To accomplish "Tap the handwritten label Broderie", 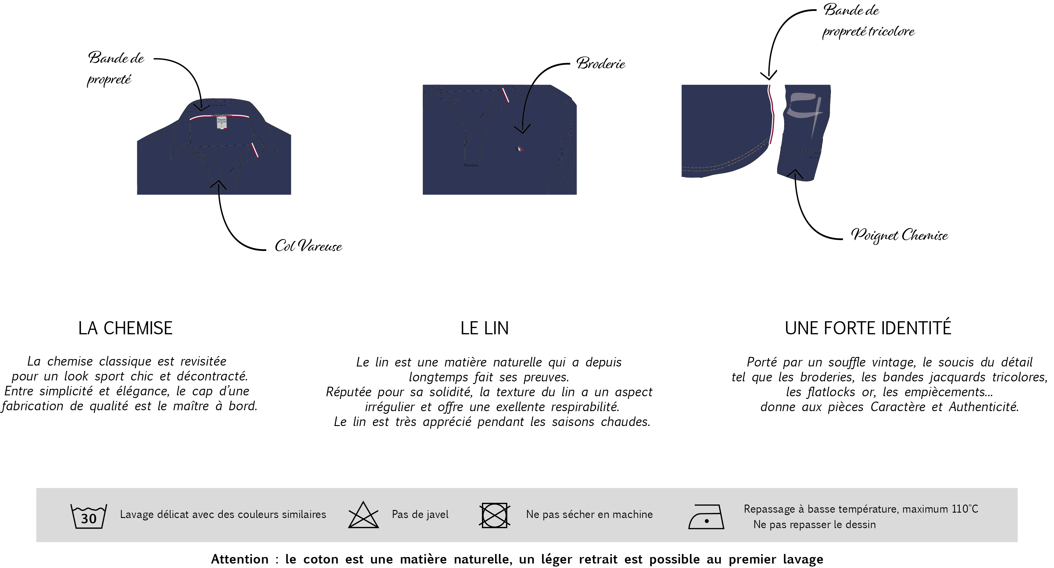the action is click(601, 63).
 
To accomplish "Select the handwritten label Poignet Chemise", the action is click(899, 235).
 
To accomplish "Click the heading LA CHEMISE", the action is click(126, 328).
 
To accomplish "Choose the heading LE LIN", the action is click(484, 328).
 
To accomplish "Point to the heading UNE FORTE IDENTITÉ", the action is click(868, 328).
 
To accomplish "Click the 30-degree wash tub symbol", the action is click(89, 516).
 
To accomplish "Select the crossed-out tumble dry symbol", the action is click(495, 515).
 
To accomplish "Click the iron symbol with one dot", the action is click(706, 517).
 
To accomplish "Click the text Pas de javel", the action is click(420, 514).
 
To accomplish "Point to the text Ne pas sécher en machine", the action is click(589, 514).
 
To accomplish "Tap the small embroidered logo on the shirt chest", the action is click(520, 149).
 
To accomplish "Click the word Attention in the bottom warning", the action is click(240, 559).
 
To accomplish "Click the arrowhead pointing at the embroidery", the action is click(522, 129).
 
